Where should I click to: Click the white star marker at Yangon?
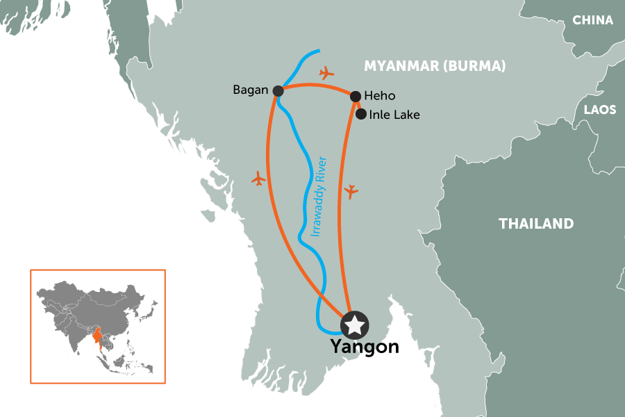355,324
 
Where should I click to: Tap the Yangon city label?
365,346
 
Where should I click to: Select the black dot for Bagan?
278,90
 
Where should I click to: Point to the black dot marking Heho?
355,97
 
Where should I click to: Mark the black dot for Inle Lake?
360,114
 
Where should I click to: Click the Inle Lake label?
395,115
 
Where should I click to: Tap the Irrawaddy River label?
320,197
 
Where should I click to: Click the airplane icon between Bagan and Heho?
326,72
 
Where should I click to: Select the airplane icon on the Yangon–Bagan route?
258,179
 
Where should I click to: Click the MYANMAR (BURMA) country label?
435,66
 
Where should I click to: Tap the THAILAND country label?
536,224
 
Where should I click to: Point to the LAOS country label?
599,110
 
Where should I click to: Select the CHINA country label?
592,20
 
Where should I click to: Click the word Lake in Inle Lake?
407,115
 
